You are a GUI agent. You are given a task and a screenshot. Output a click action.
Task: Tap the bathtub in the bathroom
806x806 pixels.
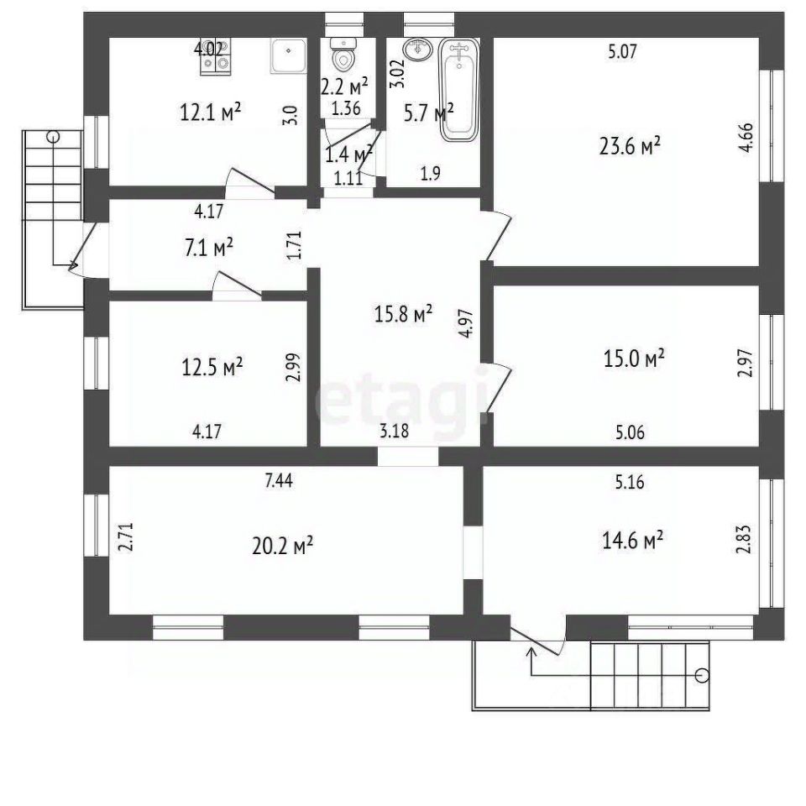pos(459,91)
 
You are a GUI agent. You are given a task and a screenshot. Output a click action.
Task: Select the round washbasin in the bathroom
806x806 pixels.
pos(417,50)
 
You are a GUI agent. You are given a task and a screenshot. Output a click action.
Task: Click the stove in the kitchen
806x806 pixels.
pos(216,56)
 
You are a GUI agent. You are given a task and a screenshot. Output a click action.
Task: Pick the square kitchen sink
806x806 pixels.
pos(288,55)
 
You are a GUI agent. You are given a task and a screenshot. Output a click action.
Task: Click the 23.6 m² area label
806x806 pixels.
pos(631,146)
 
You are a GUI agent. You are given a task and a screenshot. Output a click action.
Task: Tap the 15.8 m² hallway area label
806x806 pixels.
pos(403,313)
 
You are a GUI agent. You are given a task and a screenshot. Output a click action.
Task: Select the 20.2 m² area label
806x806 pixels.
pos(283,546)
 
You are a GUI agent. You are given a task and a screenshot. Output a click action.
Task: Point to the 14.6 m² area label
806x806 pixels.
pos(632,540)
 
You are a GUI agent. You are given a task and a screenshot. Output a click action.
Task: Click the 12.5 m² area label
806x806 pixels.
pos(212,367)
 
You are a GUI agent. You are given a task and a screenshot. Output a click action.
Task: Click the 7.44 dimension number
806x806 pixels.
pos(279,480)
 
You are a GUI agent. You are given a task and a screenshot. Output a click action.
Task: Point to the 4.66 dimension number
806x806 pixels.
pos(747,137)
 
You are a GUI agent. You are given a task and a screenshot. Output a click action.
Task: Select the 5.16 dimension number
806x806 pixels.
pos(630,482)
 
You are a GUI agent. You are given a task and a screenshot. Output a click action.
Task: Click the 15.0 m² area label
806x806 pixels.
pos(634,359)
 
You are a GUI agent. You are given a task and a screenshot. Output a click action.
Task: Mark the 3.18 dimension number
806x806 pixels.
pos(395,431)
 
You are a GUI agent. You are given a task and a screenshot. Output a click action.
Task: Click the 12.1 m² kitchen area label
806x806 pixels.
pos(211,112)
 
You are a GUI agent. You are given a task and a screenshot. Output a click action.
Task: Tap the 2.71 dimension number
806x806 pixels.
pos(127,537)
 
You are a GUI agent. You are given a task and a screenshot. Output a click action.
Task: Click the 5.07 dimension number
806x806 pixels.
pos(622,51)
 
